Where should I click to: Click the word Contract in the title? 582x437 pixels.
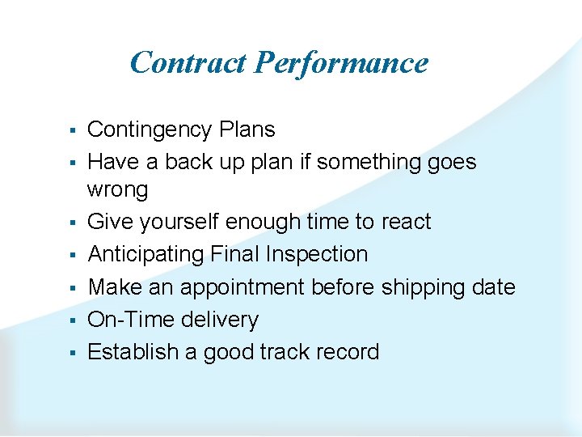188,62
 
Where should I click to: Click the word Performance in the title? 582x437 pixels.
341,62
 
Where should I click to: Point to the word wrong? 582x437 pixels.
118,190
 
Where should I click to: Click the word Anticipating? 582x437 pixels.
146,254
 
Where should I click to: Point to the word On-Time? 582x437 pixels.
125,320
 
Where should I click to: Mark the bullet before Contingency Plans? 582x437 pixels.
72,130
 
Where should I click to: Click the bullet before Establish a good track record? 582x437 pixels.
72,353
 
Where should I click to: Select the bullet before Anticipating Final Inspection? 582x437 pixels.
72,255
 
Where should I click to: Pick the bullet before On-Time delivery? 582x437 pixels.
72,320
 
